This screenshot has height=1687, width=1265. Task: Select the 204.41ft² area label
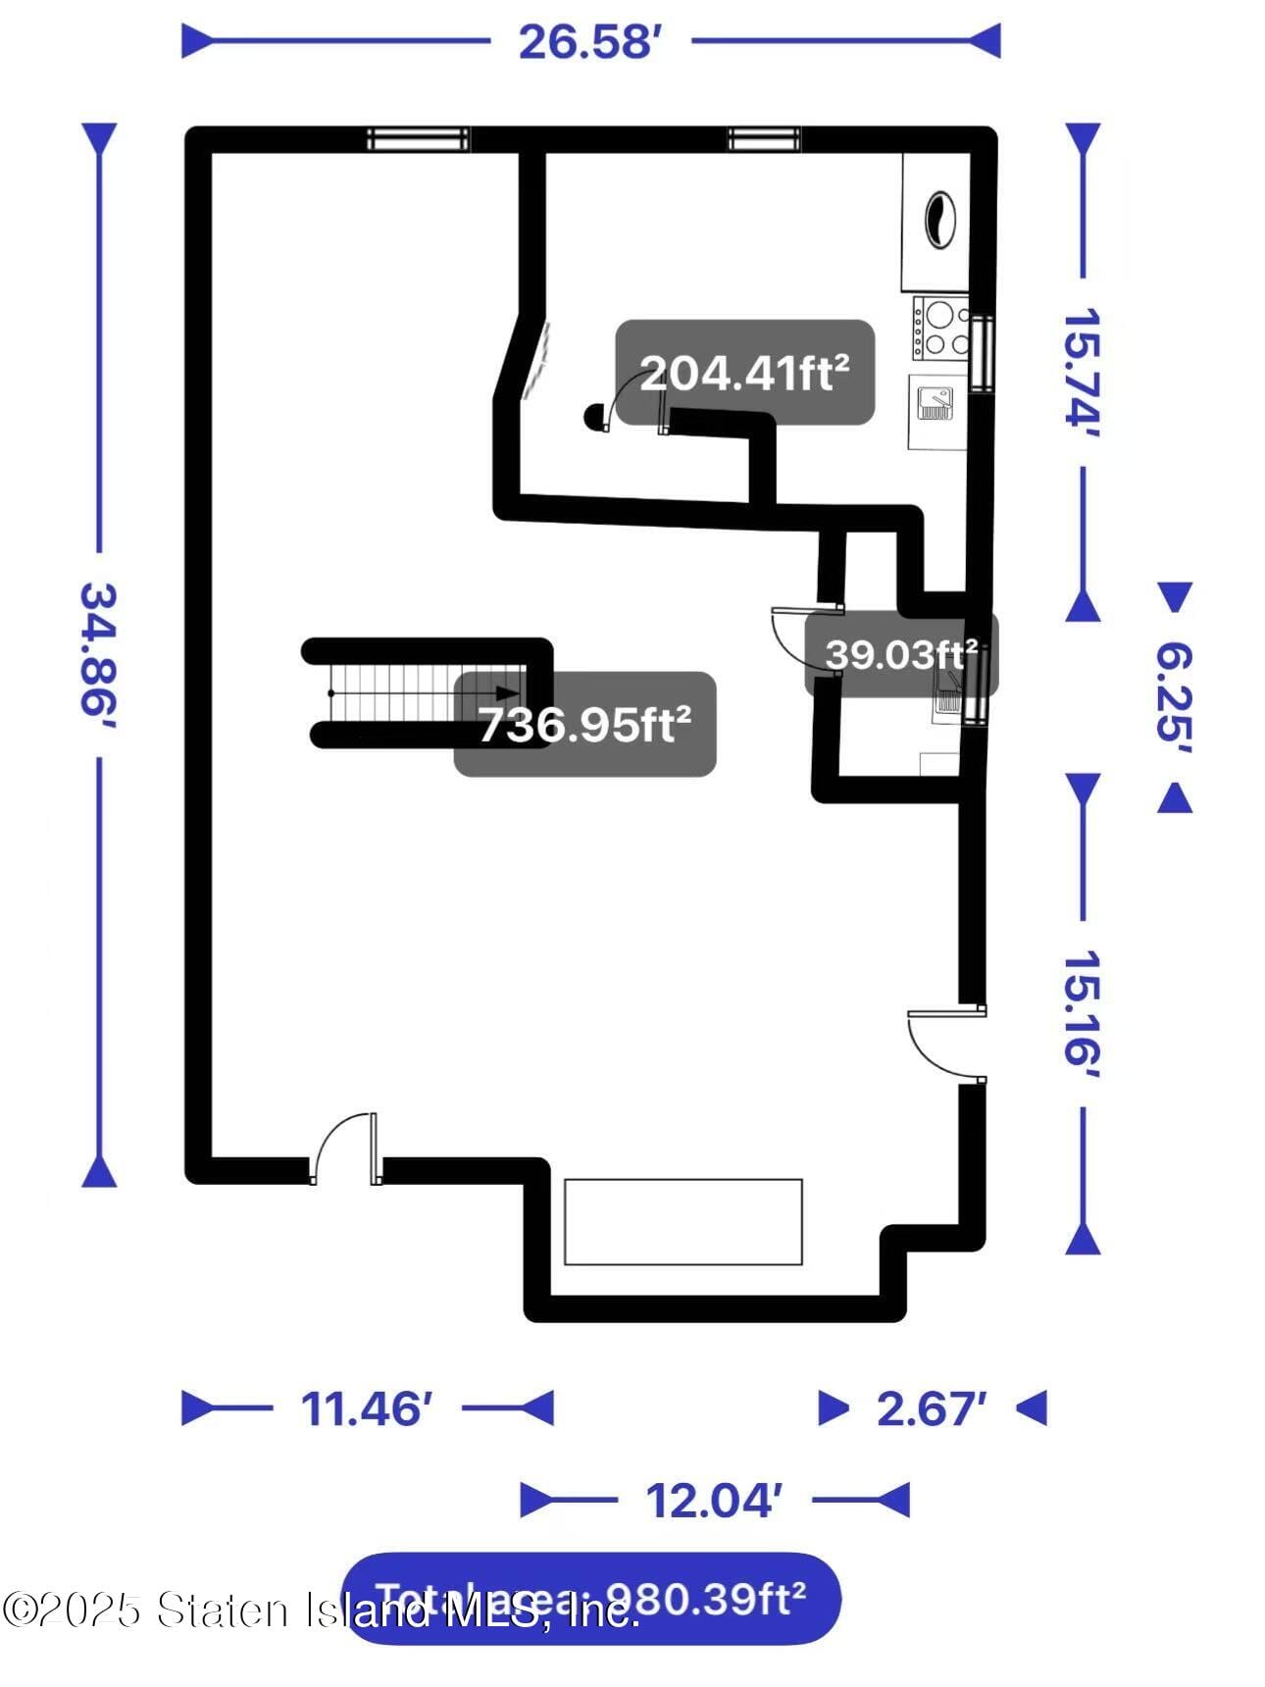[x=744, y=373]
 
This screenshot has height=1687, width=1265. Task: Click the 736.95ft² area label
[x=584, y=725]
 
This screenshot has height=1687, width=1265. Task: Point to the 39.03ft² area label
[x=900, y=654]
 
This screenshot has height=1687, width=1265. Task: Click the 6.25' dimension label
[x=1174, y=697]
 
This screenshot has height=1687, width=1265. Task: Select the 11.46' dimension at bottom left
[x=366, y=1409]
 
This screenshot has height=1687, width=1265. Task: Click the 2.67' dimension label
[x=931, y=1409]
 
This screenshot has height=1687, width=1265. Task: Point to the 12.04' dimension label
[x=713, y=1501]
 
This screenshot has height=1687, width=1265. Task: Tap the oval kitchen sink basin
[x=938, y=219]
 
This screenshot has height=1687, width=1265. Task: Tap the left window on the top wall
[x=418, y=139]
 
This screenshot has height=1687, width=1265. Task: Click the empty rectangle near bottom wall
[x=683, y=1222]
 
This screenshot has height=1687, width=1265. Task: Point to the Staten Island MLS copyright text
[x=319, y=1611]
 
